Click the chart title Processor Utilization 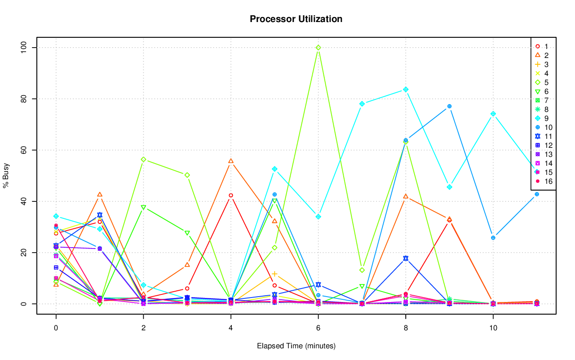(296, 19)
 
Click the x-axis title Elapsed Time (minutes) (296, 346)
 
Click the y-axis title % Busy (6, 176)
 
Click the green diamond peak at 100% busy (318, 48)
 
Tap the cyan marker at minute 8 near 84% (406, 89)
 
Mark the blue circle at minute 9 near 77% (449, 107)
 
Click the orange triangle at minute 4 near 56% (231, 161)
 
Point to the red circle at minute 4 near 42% (231, 196)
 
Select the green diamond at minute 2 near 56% (143, 160)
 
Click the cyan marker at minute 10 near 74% (493, 114)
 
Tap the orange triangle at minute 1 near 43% (100, 195)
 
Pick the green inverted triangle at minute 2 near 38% (143, 207)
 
